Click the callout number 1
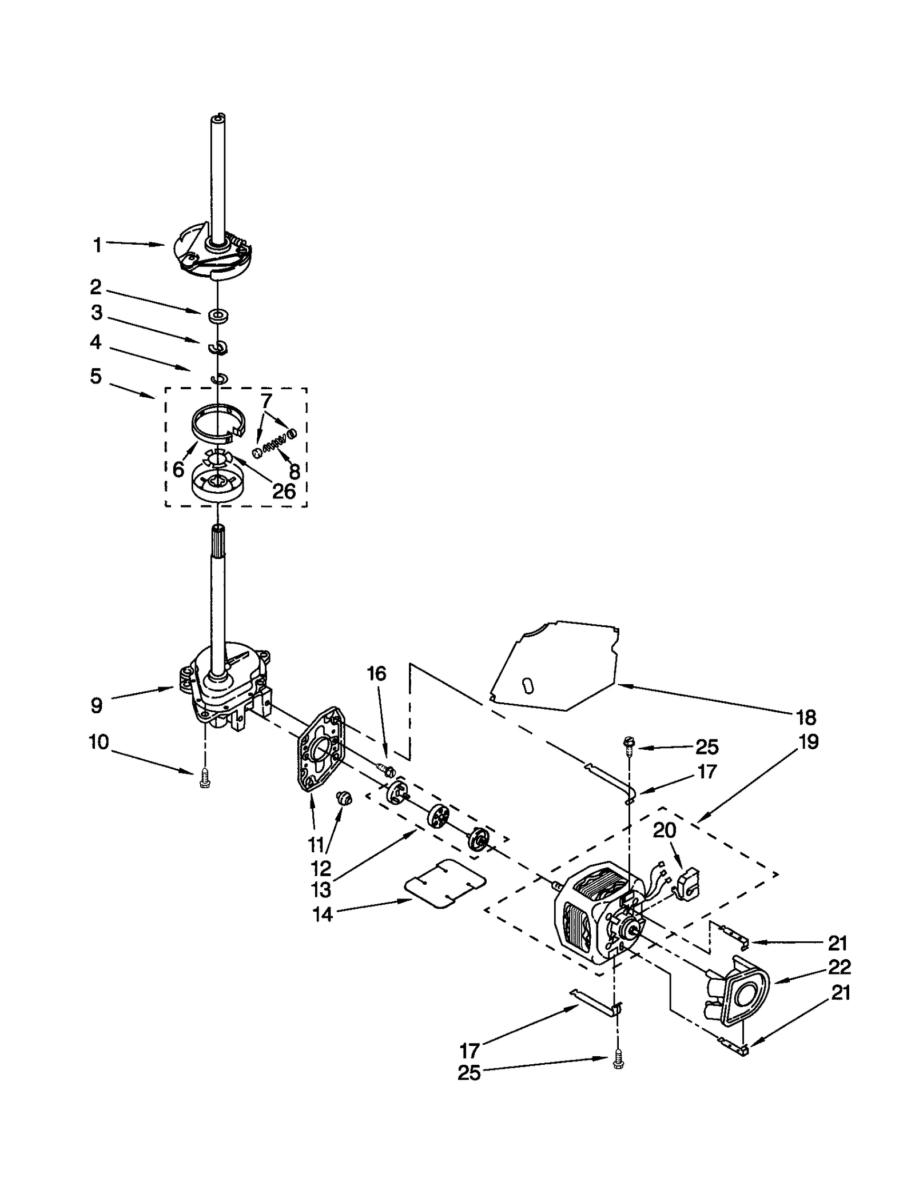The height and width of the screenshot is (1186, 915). [x=97, y=245]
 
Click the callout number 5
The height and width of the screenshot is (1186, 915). [x=96, y=376]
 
